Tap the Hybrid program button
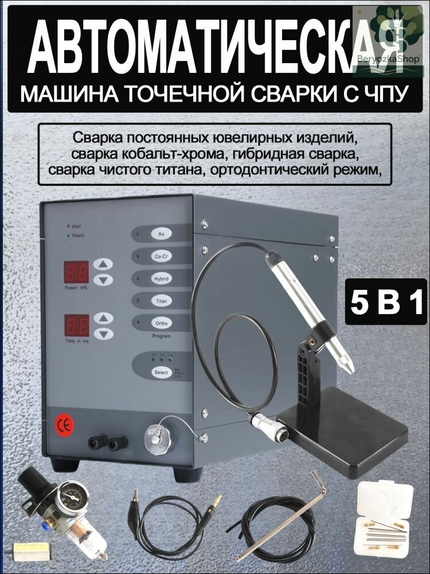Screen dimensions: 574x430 pos(161,278)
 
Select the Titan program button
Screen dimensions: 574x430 pos(161,300)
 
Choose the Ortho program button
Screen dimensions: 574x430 pos(161,323)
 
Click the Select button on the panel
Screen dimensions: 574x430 pos(161,373)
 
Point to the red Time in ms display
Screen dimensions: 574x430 pos(76,324)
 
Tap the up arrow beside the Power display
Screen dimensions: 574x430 pos(103,264)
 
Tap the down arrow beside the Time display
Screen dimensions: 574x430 pos(103,333)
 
